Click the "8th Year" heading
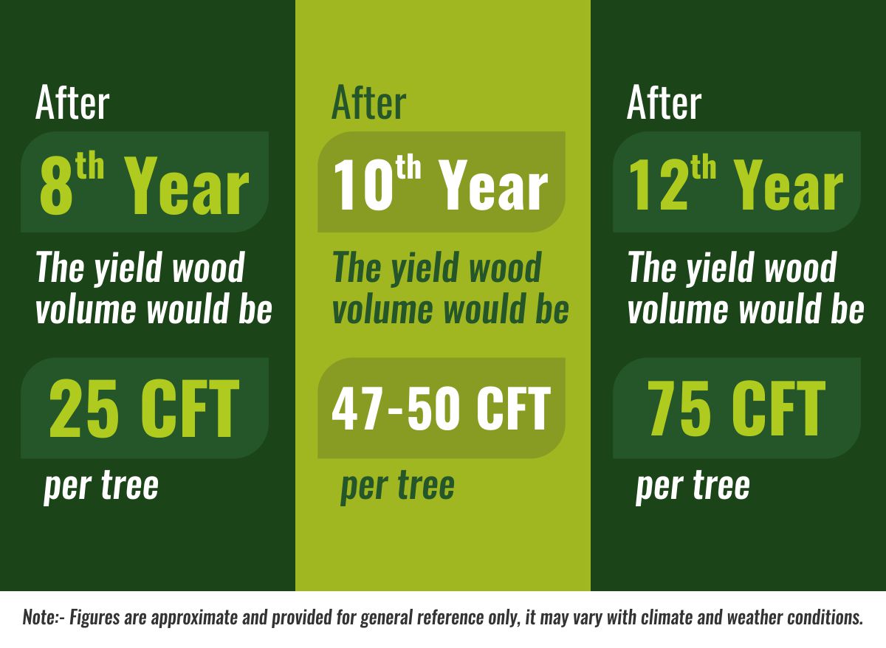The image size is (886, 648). point(145,185)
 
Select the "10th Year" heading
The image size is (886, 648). point(441,185)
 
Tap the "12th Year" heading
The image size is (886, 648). point(736,185)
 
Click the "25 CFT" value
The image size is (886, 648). point(145,408)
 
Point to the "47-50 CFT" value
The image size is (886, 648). point(441,408)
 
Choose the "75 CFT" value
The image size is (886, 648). point(737,408)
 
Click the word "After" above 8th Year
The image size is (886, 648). point(72,103)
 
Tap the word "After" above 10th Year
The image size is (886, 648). point(369,103)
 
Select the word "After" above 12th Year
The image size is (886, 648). point(664,103)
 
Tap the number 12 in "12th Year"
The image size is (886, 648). point(658,185)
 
